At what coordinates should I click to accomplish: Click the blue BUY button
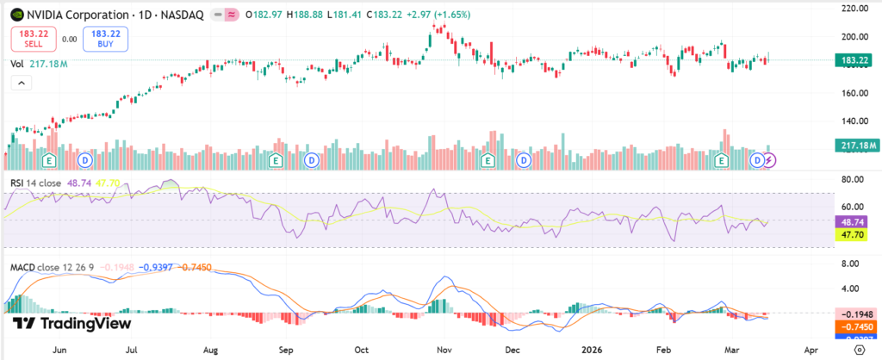pos(99,37)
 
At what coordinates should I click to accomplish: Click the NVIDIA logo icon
pos(16,15)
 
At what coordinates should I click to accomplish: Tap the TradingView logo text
pos(71,324)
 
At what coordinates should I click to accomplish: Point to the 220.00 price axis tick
pos(854,9)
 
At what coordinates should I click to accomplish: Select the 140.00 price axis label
pos(854,121)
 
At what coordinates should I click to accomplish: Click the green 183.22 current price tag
pos(854,59)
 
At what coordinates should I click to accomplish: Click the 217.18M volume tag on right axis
pos(854,146)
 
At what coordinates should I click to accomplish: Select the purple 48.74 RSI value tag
pos(854,220)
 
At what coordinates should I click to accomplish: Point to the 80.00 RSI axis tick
pos(854,180)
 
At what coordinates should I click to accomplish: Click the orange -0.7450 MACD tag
pos(854,327)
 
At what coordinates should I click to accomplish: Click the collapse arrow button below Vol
pos(19,83)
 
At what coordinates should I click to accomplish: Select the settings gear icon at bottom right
pos(858,351)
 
